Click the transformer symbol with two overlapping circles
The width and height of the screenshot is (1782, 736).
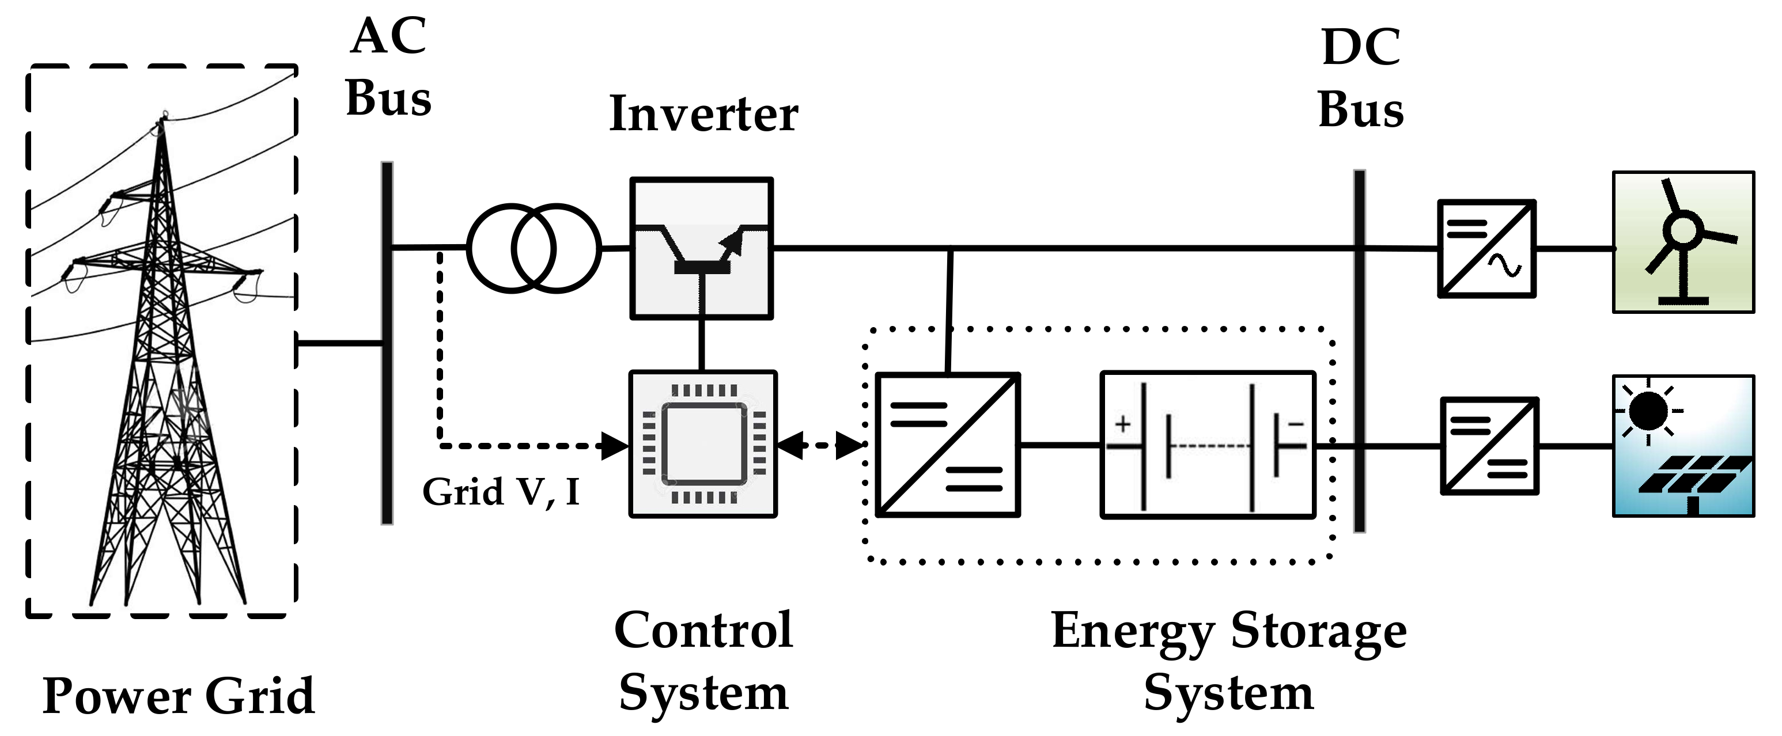click(534, 248)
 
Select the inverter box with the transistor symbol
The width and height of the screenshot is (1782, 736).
click(701, 248)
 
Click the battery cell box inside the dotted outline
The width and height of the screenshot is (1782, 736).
click(1207, 445)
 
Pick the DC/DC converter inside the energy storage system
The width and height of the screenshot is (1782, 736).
click(947, 445)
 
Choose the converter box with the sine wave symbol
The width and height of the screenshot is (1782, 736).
click(1486, 249)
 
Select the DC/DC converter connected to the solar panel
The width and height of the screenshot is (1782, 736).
click(1489, 446)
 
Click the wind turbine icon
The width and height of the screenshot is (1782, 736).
click(1683, 242)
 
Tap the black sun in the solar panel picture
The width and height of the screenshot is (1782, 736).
click(1648, 410)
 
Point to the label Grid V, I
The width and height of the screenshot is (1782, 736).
click(501, 492)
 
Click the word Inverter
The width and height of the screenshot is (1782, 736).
click(703, 114)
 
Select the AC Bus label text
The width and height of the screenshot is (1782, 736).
click(388, 67)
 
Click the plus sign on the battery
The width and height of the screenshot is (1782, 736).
click(1123, 423)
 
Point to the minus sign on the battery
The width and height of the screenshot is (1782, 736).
click(1295, 424)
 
